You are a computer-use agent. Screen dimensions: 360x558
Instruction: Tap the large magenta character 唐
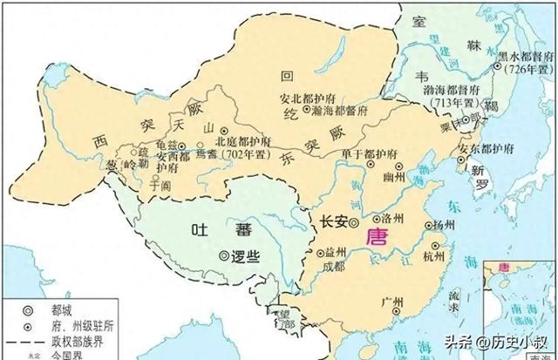point(378,237)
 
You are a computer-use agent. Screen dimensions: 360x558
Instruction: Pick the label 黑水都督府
point(526,55)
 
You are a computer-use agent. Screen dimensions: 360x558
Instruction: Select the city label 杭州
point(432,256)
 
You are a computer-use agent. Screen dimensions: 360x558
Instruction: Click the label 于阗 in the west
point(160,184)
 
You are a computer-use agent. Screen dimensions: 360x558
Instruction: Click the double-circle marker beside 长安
point(355,223)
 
